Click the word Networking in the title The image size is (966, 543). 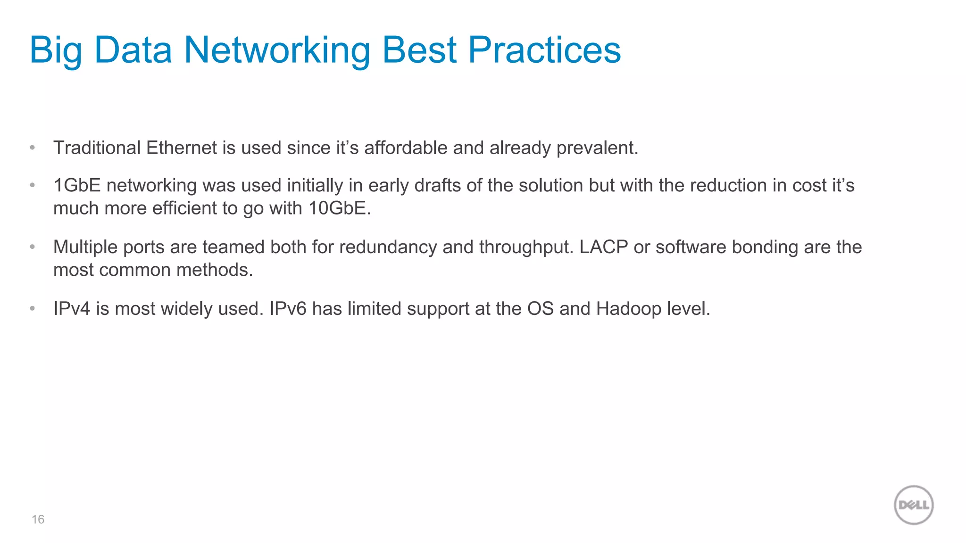276,50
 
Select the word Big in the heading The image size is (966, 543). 56,51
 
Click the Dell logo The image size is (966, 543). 914,505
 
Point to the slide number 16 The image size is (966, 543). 38,519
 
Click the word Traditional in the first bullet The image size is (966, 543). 97,148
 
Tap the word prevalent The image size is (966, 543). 597,148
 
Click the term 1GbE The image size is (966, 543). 77,186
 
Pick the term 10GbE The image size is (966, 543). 340,208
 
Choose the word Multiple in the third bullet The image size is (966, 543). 85,247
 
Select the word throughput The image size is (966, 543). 526,247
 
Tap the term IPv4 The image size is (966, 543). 71,309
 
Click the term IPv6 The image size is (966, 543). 288,309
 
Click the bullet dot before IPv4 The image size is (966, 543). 32,309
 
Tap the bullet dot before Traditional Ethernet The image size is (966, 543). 32,148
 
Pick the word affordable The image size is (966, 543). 406,148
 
